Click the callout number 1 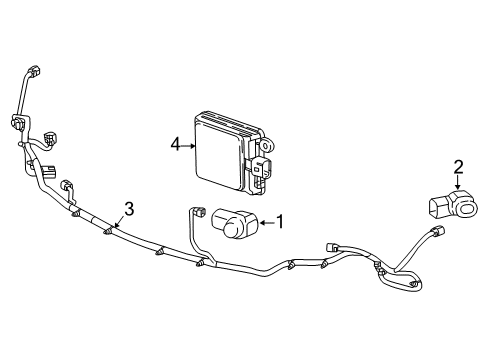281,222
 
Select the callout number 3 128,208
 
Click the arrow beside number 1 267,223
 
